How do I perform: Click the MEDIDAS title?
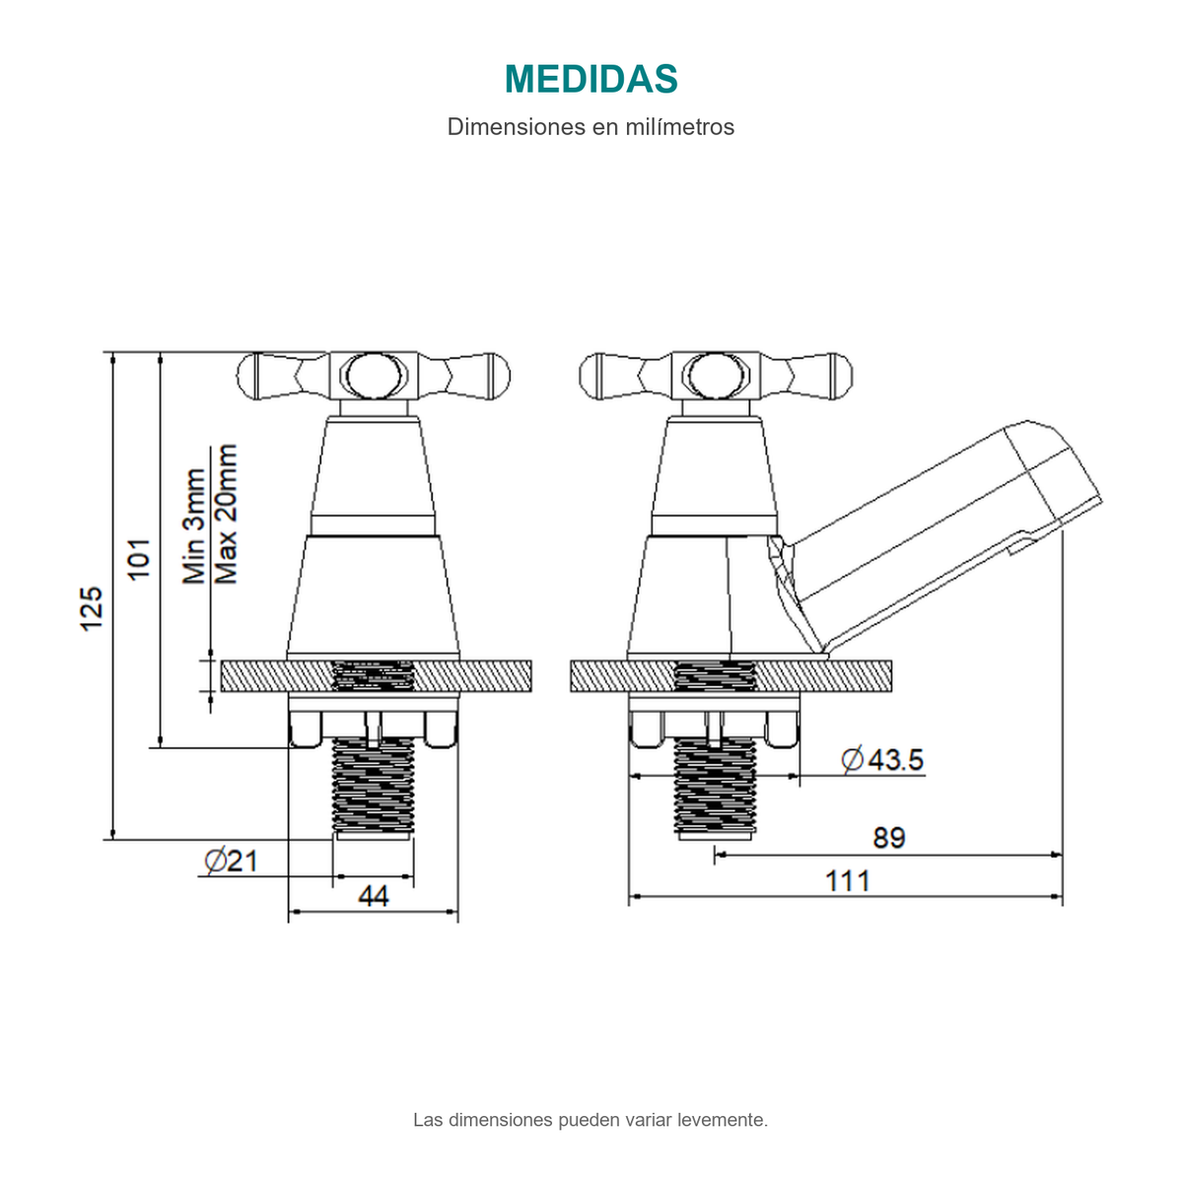pyautogui.click(x=591, y=79)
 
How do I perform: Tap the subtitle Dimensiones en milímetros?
pyautogui.click(x=591, y=127)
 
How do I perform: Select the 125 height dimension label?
pyautogui.click(x=92, y=608)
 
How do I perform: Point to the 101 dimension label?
pyautogui.click(x=139, y=559)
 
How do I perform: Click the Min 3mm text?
pyautogui.click(x=194, y=526)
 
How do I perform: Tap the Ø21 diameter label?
pyautogui.click(x=231, y=861)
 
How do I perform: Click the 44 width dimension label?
pyautogui.click(x=374, y=896)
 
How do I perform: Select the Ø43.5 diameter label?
pyautogui.click(x=882, y=759)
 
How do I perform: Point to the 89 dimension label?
pyautogui.click(x=889, y=838)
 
